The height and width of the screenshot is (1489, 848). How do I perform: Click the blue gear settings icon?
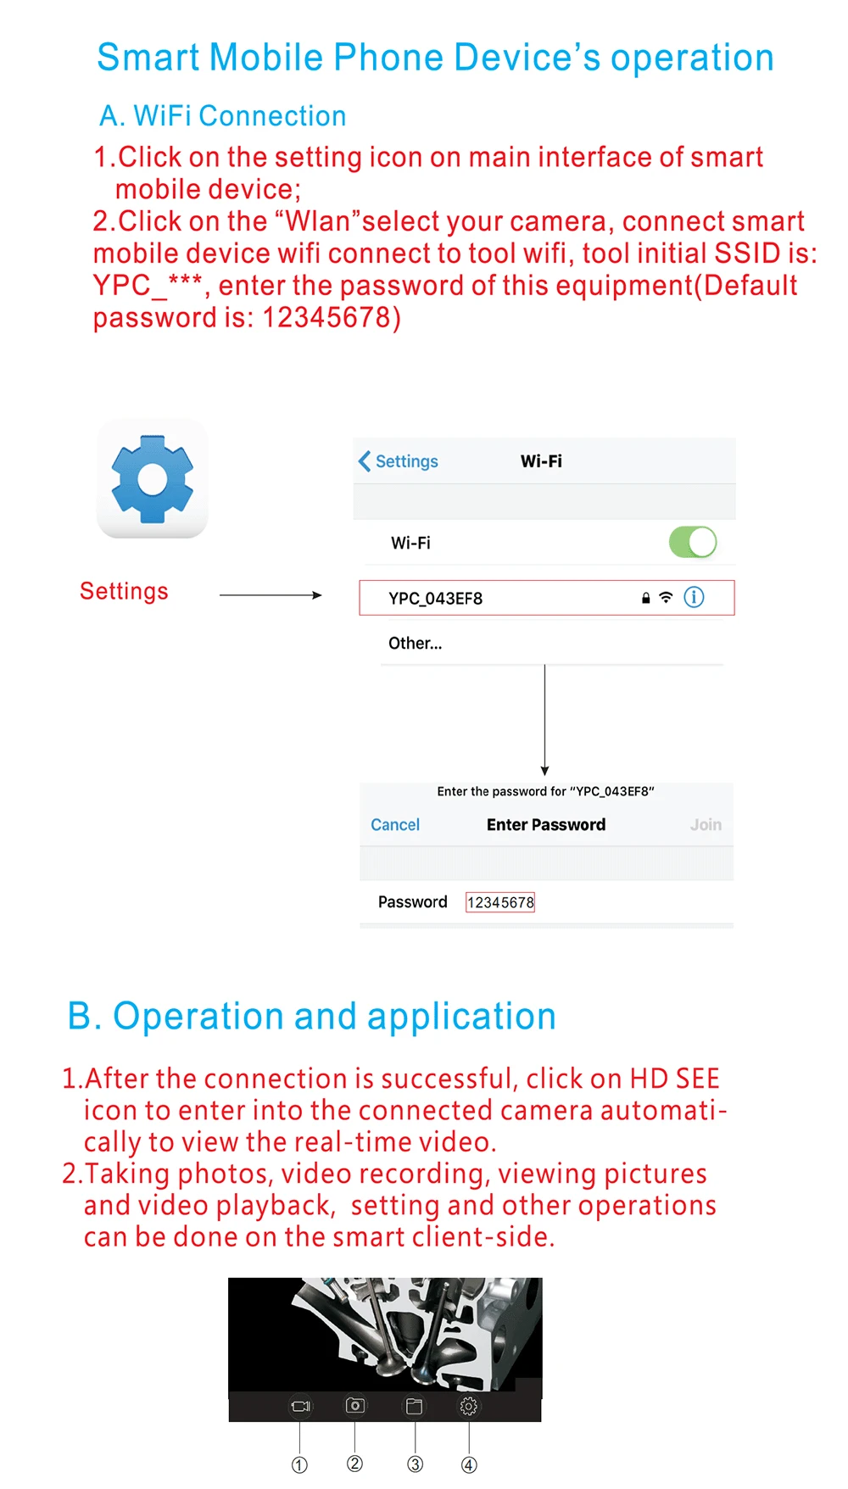coord(153,479)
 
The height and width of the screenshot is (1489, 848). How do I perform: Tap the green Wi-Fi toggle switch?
coord(693,542)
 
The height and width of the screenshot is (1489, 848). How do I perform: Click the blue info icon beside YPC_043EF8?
coord(694,597)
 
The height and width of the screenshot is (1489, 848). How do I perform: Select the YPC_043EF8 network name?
coord(435,599)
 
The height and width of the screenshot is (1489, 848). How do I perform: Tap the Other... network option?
coord(415,644)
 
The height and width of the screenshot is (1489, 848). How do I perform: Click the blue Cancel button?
coord(395,825)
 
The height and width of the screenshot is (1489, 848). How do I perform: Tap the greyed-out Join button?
coord(706,825)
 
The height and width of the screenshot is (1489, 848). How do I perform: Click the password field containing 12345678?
coord(500,902)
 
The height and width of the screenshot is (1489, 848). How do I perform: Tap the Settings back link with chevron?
coord(399,461)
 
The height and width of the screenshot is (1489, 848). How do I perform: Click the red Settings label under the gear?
coord(124,591)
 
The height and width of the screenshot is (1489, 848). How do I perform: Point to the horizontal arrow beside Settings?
coord(271,595)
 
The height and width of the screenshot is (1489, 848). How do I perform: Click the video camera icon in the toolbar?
coord(300,1406)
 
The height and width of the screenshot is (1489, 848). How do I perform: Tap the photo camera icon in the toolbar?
coord(355,1405)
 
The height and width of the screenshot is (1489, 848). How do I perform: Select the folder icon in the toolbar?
coord(414,1406)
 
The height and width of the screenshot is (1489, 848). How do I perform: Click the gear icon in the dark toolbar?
coord(468,1407)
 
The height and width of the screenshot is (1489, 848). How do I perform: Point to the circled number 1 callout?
coord(299,1465)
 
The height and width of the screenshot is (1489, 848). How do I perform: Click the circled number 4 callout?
coord(469,1465)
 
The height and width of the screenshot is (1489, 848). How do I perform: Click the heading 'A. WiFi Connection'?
coord(223,116)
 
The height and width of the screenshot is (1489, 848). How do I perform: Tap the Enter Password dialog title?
coord(546,825)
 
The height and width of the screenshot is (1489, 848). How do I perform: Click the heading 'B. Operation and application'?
coord(311,1017)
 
